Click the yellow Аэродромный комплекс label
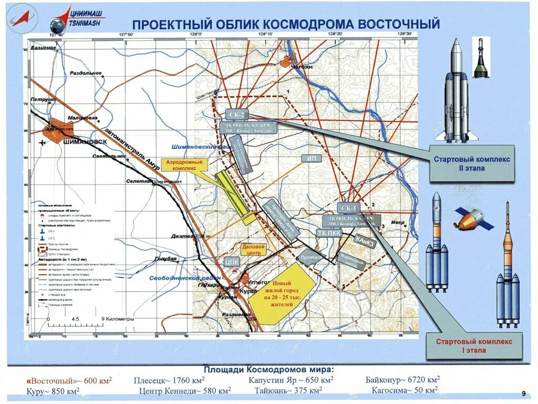(184, 165)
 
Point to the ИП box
(311, 158)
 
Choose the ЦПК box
(232, 261)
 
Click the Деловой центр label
(253, 250)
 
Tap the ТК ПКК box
(329, 233)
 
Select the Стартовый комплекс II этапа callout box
(472, 163)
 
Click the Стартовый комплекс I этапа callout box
(474, 346)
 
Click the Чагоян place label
(301, 67)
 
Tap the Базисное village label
(43, 48)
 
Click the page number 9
(523, 394)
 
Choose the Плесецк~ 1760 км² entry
(169, 380)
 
